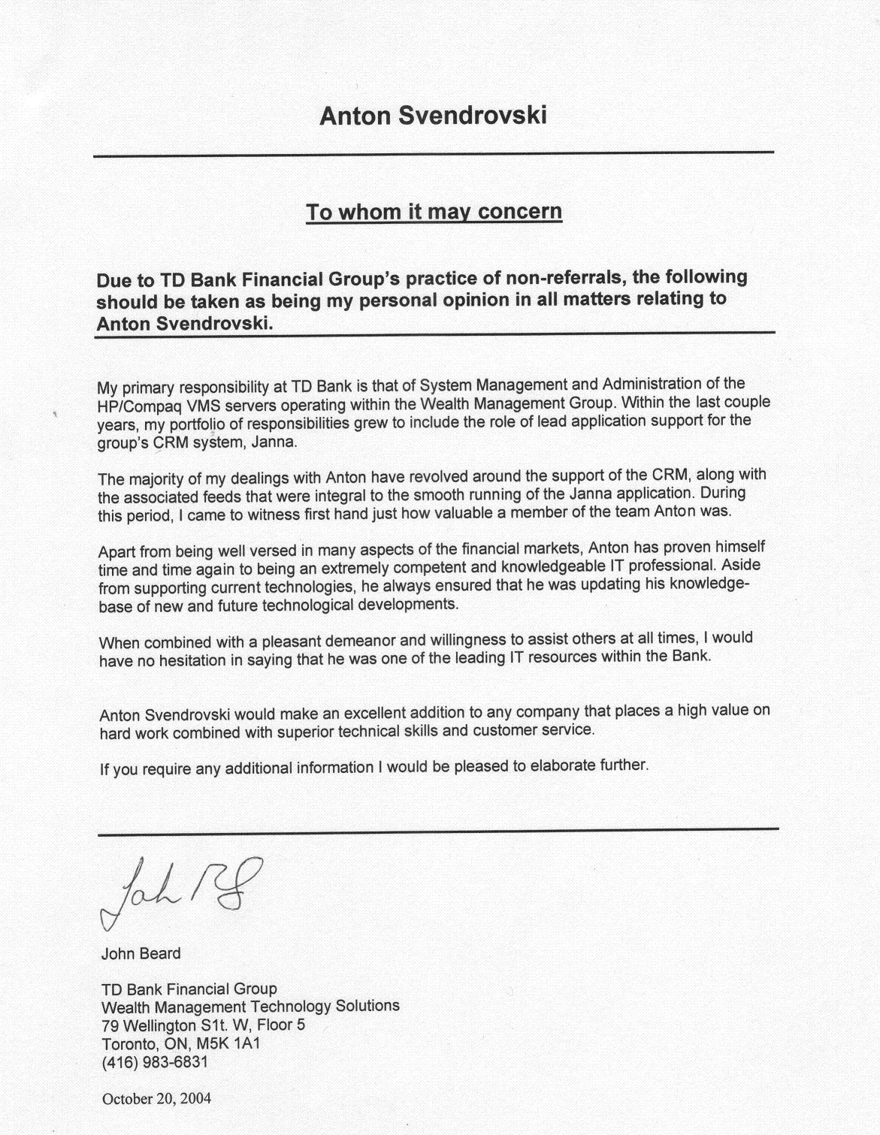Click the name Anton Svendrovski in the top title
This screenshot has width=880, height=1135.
point(434,116)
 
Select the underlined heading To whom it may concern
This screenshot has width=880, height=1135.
point(434,212)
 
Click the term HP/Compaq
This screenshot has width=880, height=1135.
point(136,406)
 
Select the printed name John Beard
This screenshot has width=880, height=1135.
point(141,953)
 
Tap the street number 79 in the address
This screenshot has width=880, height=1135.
point(110,1025)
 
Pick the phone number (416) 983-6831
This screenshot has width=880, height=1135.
point(154,1062)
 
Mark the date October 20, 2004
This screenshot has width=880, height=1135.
point(156,1098)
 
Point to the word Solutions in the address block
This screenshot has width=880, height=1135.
point(367,1006)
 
